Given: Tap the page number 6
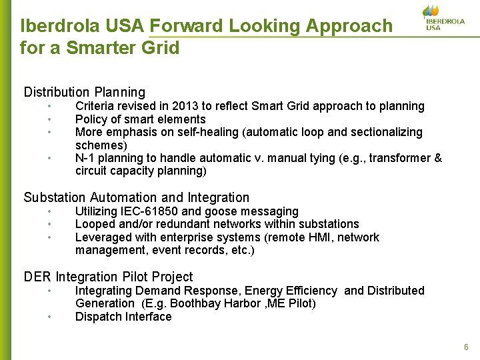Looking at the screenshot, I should click(466, 347).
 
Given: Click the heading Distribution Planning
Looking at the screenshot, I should click(85, 92).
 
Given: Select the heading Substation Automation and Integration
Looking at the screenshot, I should click(137, 197).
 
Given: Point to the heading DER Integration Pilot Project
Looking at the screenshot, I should click(108, 277).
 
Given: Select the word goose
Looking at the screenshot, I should click(219, 211).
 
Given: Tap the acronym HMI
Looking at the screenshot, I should click(318, 237).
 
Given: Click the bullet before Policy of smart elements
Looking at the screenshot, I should click(49, 119).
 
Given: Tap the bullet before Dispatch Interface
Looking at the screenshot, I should click(49, 317).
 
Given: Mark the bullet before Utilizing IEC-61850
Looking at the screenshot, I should click(49, 211).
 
